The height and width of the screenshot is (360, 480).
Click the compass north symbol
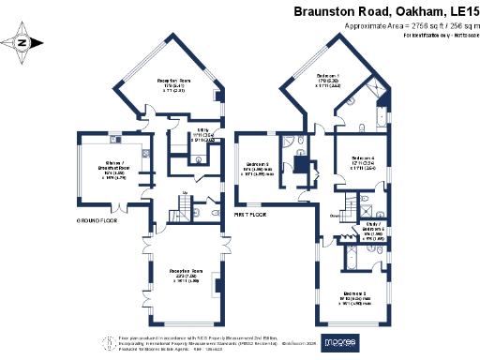pos(22,41)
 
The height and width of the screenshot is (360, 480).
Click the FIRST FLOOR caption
pos(252,215)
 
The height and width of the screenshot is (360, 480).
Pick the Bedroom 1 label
pos(327,75)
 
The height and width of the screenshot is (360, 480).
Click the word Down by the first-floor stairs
pos(335,216)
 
